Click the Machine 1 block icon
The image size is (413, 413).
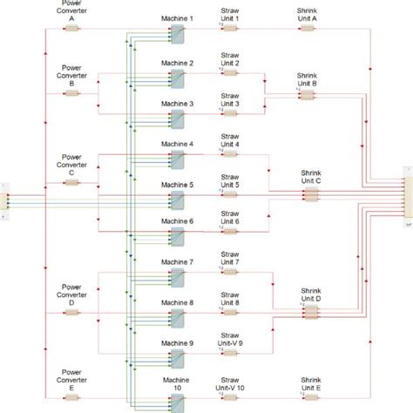(x=178, y=32)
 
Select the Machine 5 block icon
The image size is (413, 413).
(x=178, y=196)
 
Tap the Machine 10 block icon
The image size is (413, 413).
(x=178, y=401)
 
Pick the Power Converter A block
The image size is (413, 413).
(x=71, y=28)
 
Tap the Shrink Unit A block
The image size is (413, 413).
(x=307, y=28)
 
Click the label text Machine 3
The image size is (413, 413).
(x=178, y=104)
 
